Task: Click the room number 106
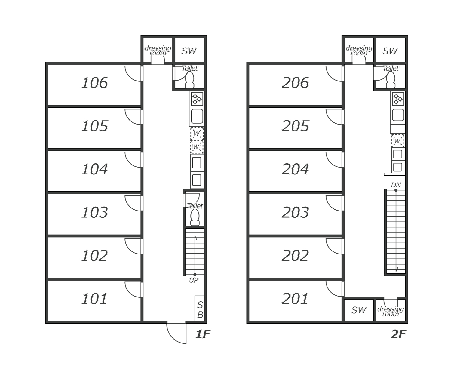[x=94, y=83]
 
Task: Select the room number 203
[x=295, y=212]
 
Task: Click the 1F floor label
[x=203, y=334]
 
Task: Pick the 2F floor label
[x=398, y=334]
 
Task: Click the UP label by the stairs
[x=194, y=280]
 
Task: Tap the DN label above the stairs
[x=396, y=185]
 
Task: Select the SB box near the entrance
[x=200, y=308]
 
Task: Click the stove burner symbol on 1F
[x=197, y=99]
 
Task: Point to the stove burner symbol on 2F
[x=398, y=99]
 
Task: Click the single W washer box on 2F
[x=398, y=141]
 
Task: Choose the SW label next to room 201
[x=359, y=310]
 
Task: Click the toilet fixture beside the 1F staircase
[x=195, y=217]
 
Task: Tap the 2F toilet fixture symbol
[x=391, y=80]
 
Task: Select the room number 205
[x=295, y=126]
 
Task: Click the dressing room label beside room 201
[x=391, y=312]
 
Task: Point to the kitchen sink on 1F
[x=197, y=116]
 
